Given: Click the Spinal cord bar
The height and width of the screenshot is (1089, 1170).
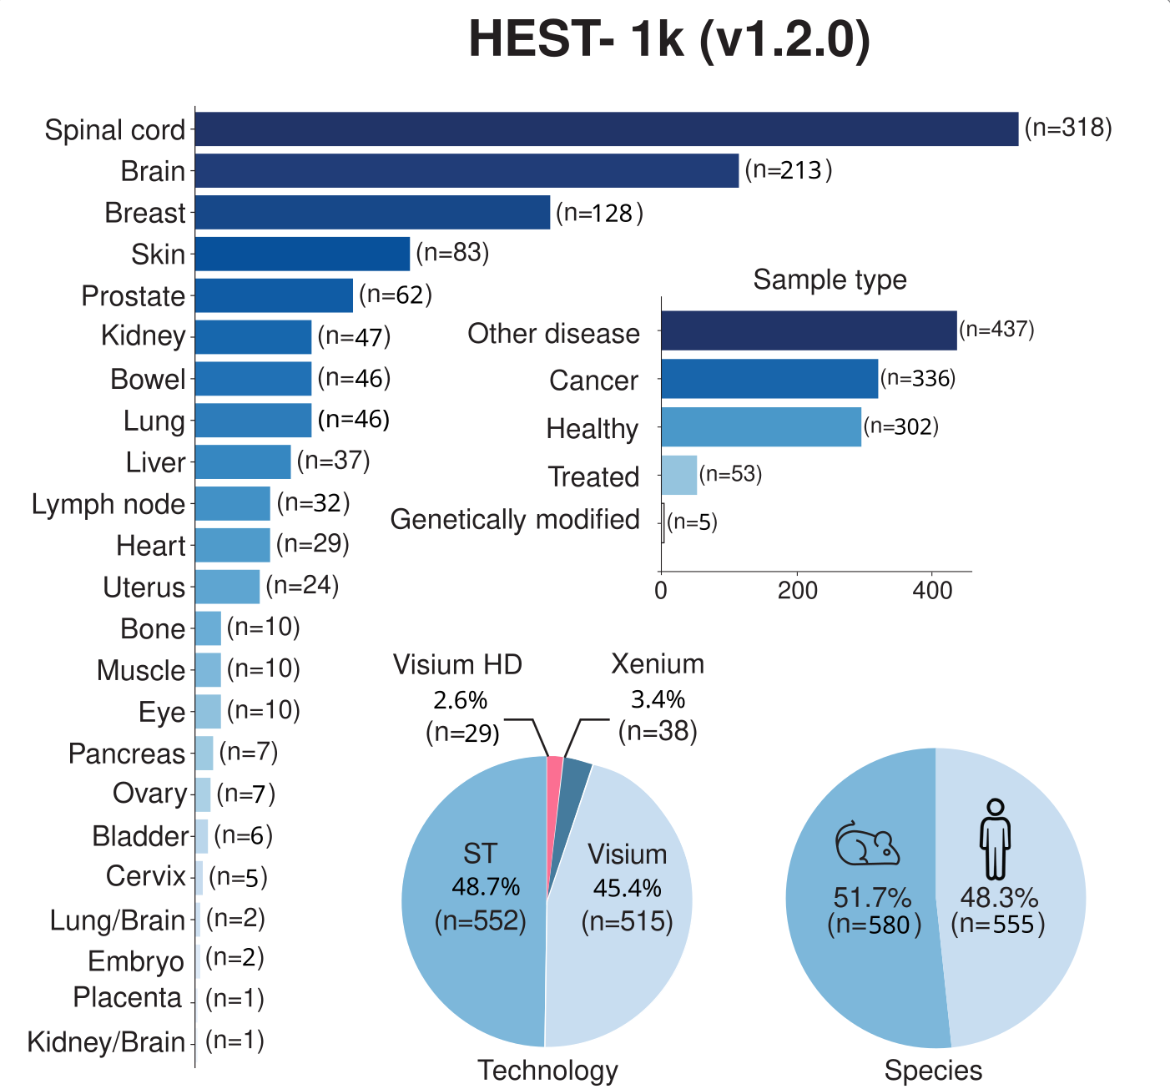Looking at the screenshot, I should (606, 129).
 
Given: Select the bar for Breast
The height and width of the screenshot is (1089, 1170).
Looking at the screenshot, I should (372, 213).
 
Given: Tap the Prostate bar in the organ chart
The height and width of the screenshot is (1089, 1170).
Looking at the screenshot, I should (274, 296).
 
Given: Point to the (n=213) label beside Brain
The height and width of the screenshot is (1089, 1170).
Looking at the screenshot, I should (789, 170).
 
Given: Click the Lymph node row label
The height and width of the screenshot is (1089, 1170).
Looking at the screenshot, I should (108, 504).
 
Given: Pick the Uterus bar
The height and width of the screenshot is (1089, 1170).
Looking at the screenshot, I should (227, 587).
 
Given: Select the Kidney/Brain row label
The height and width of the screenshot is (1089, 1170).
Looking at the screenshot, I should (106, 1042).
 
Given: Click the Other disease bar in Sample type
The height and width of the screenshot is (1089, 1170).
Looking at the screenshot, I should (809, 330).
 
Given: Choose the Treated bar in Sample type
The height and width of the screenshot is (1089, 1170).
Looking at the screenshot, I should (678, 476).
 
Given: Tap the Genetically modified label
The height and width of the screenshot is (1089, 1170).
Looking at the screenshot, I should (515, 519).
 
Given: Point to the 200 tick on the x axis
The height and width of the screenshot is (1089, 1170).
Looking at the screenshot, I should (797, 591).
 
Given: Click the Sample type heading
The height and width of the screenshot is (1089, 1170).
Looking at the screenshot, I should (830, 280).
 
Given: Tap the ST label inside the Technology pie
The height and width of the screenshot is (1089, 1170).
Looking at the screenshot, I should (480, 854).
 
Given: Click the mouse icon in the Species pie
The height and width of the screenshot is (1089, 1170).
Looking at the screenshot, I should (868, 844).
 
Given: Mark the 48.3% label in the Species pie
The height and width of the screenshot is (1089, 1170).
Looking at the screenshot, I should (999, 898).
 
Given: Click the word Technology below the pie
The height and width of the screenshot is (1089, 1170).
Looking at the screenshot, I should (547, 1070).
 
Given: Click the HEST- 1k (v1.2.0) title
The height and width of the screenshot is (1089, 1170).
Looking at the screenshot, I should (669, 39).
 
